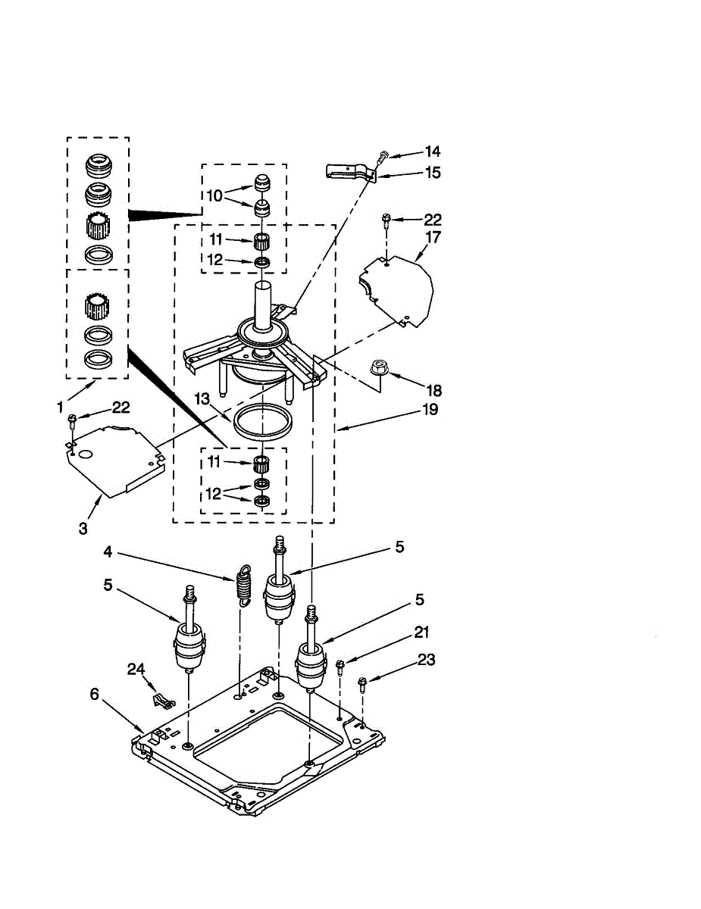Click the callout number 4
click(x=108, y=552)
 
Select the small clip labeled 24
click(x=159, y=700)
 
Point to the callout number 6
click(x=94, y=694)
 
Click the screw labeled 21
click(x=340, y=666)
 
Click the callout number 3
click(x=83, y=528)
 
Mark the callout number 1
click(x=60, y=407)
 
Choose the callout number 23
click(x=426, y=660)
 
